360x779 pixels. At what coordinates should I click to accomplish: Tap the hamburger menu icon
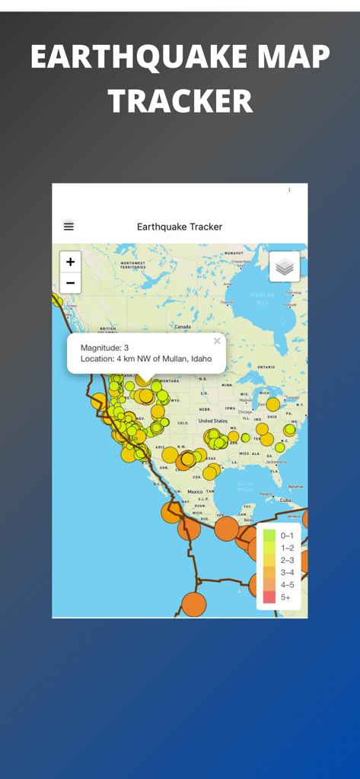tap(68, 226)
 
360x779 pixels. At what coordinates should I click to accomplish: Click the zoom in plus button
tap(70, 262)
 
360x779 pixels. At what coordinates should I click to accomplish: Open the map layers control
tap(285, 267)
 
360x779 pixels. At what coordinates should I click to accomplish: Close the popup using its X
tap(217, 341)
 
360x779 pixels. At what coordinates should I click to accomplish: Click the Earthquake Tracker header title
tap(180, 227)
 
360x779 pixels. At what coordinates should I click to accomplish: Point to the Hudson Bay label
tap(263, 298)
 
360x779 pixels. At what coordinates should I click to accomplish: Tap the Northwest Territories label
tap(133, 265)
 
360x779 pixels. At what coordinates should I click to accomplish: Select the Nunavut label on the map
tap(234, 253)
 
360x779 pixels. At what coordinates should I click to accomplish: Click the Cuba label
tap(285, 501)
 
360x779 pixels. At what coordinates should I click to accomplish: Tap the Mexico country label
tap(196, 491)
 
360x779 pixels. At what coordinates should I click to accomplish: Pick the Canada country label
tap(183, 326)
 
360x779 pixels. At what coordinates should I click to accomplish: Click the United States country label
tap(213, 421)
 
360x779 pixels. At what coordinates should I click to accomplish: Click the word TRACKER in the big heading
tap(180, 102)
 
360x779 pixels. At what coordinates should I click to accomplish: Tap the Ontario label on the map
tap(266, 366)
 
